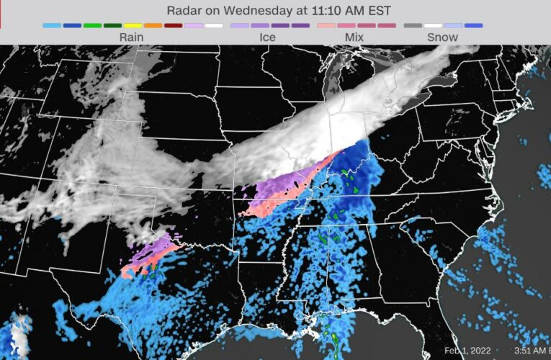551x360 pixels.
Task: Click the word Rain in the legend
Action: pos(131,37)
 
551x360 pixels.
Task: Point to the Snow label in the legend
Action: pos(442,37)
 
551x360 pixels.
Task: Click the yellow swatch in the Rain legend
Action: pos(133,25)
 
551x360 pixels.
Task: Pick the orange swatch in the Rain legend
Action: pos(153,25)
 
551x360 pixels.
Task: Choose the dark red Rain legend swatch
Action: pos(173,25)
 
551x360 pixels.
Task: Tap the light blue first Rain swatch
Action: pos(52,25)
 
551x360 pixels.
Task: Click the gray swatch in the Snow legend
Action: pos(413,25)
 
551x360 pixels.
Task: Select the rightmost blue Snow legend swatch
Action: pos(473,25)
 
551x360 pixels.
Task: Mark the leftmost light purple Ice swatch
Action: pos(240,25)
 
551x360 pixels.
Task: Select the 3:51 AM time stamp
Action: pos(524,351)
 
